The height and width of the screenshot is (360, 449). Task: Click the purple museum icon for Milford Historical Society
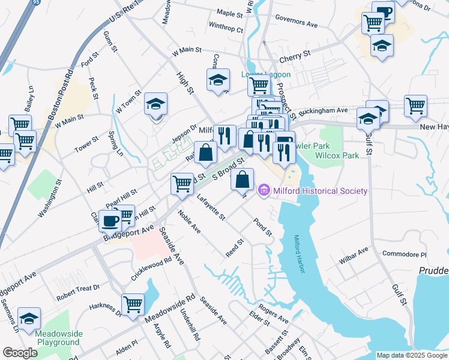(x=263, y=191)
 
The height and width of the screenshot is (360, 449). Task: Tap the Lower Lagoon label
(x=265, y=74)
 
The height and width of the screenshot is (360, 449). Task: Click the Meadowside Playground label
(x=57, y=338)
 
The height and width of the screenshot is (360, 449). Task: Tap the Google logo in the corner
(x=20, y=353)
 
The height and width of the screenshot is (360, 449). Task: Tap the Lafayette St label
(x=210, y=206)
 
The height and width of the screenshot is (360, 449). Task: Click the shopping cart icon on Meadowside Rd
(x=132, y=303)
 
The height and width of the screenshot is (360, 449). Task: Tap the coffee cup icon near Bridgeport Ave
(x=110, y=220)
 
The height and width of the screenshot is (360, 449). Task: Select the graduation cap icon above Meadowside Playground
(x=29, y=319)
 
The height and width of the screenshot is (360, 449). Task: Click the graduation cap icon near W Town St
(x=155, y=103)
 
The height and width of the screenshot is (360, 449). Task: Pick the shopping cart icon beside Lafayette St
(x=182, y=184)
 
